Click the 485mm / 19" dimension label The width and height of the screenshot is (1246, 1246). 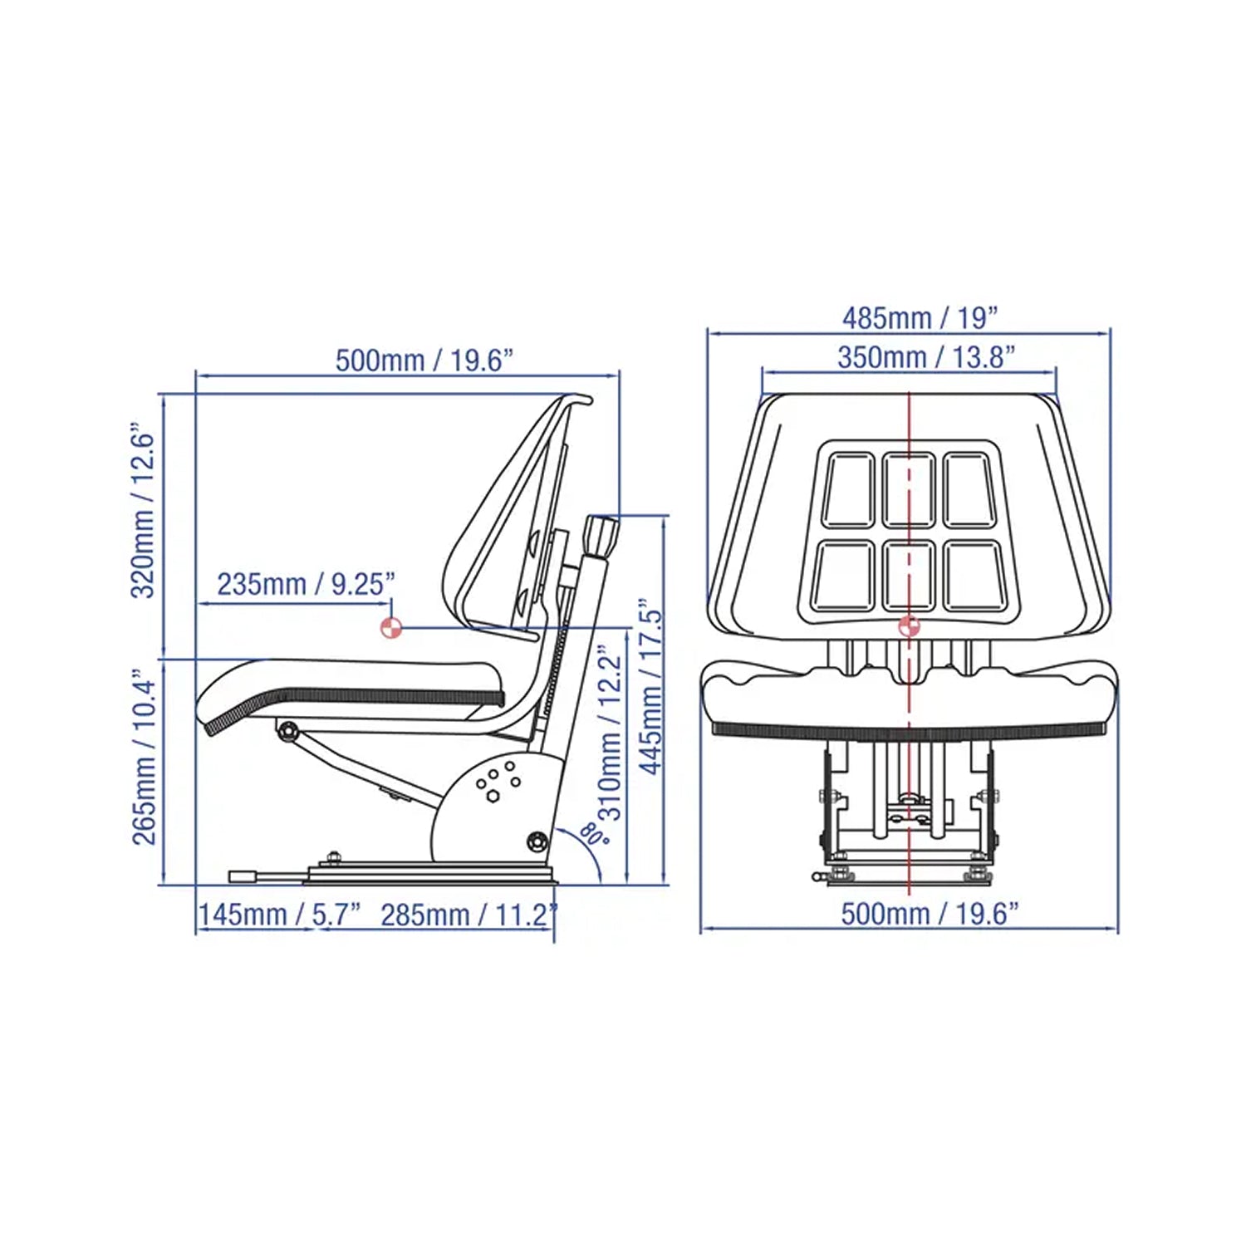pyautogui.click(x=920, y=317)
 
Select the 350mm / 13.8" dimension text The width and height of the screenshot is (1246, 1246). pyautogui.click(x=926, y=357)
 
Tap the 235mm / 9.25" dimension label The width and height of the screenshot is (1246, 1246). pyautogui.click(x=306, y=584)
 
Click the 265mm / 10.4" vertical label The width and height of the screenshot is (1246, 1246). pyautogui.click(x=144, y=758)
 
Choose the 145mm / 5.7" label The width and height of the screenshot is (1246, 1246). pyautogui.click(x=280, y=915)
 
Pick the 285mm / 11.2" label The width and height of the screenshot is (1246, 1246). pyautogui.click(x=468, y=915)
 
